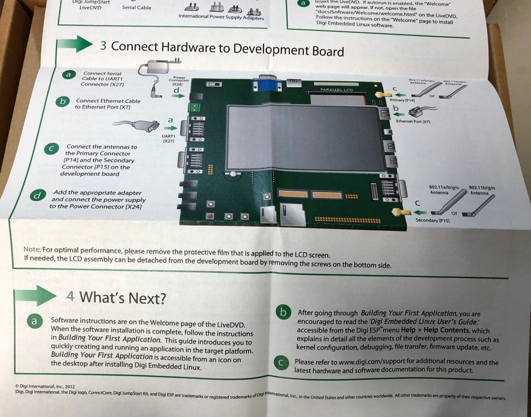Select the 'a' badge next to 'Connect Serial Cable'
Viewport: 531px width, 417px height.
coord(69,75)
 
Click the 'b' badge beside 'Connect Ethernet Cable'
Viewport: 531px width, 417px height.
coord(62,101)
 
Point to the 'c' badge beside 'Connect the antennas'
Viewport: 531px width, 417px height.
coord(51,148)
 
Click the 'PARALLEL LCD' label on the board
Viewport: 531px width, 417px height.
coord(337,90)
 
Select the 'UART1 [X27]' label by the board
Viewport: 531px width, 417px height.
coord(168,138)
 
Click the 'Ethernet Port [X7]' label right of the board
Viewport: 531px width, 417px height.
coord(413,121)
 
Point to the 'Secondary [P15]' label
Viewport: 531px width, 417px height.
coord(433,221)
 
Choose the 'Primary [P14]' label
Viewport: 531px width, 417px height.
coord(403,100)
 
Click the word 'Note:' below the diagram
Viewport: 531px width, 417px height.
coord(32,250)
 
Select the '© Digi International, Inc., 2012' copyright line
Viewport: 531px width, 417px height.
coord(45,387)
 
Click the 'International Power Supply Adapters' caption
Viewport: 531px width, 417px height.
coord(221,17)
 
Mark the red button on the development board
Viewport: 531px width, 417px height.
coord(210,216)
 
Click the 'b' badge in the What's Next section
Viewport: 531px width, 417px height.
coord(283,312)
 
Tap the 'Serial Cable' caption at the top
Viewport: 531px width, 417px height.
coord(137,7)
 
